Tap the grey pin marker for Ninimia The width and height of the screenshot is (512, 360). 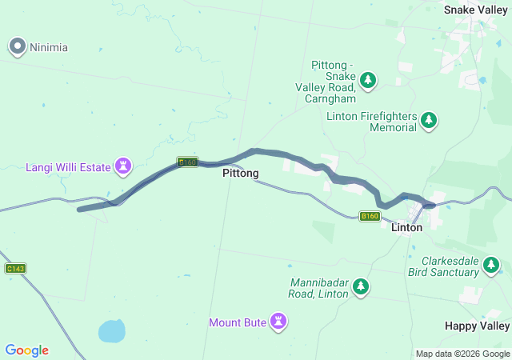click(x=18, y=46)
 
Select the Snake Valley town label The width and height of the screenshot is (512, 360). click(x=477, y=10)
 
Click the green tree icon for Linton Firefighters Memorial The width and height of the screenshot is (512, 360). click(x=430, y=121)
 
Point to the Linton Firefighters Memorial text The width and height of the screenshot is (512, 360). click(x=371, y=122)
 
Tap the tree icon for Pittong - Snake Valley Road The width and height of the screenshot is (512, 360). click(x=368, y=79)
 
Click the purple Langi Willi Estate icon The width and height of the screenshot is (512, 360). click(x=123, y=166)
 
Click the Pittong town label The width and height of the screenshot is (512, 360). click(x=240, y=173)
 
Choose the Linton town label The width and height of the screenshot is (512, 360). click(x=406, y=227)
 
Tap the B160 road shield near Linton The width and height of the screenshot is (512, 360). click(x=369, y=216)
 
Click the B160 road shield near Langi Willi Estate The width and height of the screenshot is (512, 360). click(x=187, y=162)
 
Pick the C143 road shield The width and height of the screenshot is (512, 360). click(x=16, y=269)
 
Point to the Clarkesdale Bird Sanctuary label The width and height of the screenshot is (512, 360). click(x=451, y=266)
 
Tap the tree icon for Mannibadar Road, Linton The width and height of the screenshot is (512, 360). click(x=361, y=286)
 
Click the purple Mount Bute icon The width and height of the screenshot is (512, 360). click(x=278, y=322)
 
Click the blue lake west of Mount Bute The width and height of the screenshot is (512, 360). click(x=111, y=330)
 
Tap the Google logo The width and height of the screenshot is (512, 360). click(x=26, y=350)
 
